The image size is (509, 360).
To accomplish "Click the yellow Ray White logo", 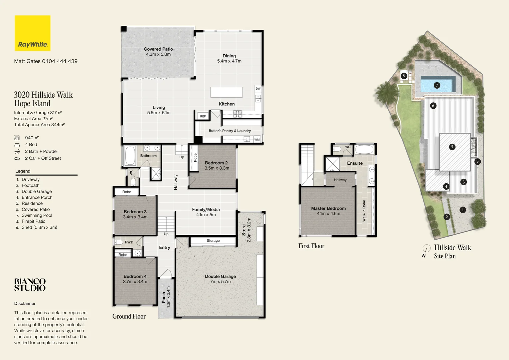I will tap(32, 33).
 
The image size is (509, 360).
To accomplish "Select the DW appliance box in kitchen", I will tap(258, 89).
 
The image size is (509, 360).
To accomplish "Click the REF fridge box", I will tap(203, 116).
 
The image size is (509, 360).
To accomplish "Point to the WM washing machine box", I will tap(257, 140).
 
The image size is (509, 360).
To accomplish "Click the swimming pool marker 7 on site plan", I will tap(437, 85).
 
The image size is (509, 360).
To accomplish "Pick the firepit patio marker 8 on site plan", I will tap(404, 76).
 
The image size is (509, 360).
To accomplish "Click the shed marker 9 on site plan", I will tap(477, 161).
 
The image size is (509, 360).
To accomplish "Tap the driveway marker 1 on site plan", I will tap(462, 210).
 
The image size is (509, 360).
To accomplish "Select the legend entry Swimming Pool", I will tap(37, 215).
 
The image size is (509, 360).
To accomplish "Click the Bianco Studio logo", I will tap(30, 285).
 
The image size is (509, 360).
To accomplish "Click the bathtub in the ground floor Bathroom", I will tap(130, 155).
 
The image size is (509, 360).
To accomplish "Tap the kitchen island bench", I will tap(226, 92).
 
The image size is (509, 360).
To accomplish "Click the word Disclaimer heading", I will tap(25, 303).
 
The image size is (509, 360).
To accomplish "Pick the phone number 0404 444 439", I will tap(60, 61).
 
